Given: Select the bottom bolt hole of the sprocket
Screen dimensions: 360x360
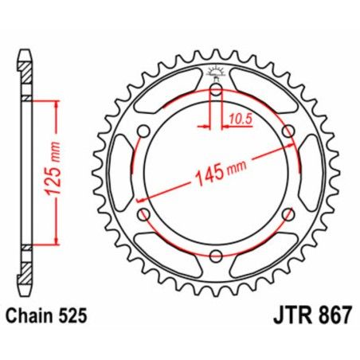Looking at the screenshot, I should click(x=216, y=255).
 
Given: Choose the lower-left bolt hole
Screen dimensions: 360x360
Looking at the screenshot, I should click(x=144, y=213).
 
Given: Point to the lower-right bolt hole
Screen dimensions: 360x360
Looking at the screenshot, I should click(x=288, y=213).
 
